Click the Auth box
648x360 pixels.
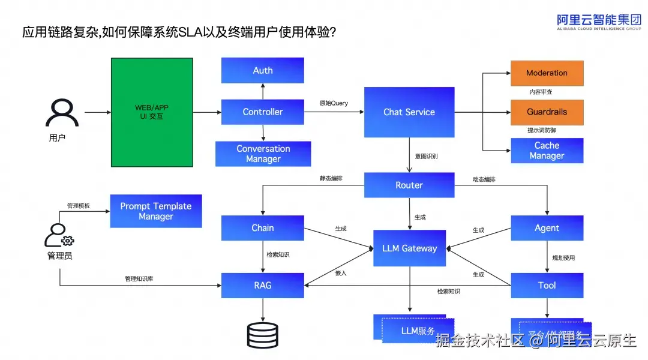pos(262,70)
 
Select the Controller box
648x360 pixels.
pos(262,112)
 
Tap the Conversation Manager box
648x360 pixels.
pos(263,154)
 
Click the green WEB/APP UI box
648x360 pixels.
pos(152,112)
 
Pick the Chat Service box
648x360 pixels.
pos(409,112)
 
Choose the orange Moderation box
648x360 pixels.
pos(547,73)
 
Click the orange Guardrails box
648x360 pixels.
pos(547,112)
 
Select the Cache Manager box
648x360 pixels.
pos(547,151)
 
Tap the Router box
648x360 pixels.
pos(409,185)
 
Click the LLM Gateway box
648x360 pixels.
pos(410,248)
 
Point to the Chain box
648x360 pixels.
pos(262,228)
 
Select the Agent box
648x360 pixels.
pos(547,228)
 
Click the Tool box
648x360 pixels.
pos(547,286)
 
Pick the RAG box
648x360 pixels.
pos(262,286)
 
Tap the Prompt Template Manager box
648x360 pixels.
pos(156,211)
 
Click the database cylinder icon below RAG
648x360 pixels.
pos(262,335)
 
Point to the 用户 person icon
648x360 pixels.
pos(62,113)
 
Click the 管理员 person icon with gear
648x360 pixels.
pos(59,235)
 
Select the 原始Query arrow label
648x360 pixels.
pos(334,103)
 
